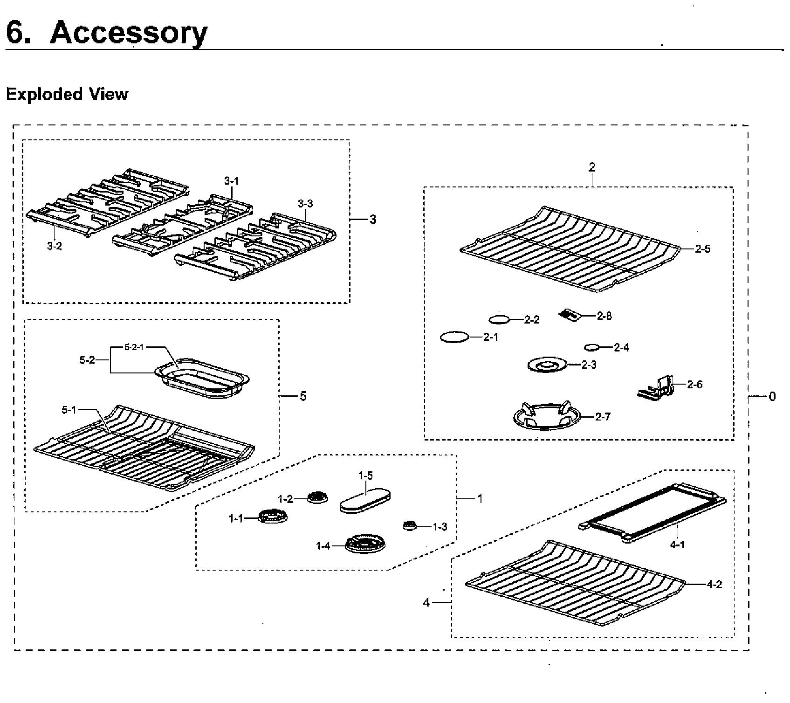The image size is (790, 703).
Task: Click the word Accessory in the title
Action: (128, 33)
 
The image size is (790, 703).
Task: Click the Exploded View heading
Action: (67, 94)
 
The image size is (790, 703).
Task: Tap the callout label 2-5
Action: (702, 249)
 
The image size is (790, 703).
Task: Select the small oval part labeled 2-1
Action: (453, 337)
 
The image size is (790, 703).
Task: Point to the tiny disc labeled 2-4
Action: (591, 347)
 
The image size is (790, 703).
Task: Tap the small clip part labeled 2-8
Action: (570, 315)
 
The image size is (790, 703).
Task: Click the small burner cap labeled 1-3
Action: (409, 525)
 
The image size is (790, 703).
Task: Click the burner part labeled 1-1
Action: (273, 517)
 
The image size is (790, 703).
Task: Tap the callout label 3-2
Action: (55, 247)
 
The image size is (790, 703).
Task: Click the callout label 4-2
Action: (714, 584)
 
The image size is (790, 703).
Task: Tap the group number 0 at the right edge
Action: (772, 397)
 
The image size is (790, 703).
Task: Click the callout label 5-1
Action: (69, 410)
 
